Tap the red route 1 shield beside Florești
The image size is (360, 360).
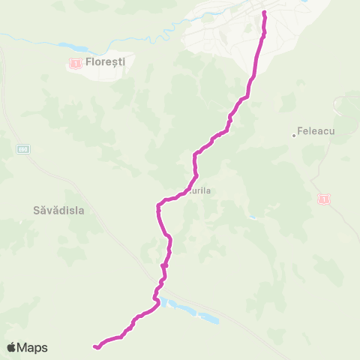click(75, 65)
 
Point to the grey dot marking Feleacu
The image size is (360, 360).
click(295, 135)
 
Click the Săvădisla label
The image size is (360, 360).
click(58, 211)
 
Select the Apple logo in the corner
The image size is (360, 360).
click(12, 347)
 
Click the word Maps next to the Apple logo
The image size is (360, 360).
click(33, 347)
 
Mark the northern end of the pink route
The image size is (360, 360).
click(264, 13)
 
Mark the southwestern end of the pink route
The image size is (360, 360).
click(95, 346)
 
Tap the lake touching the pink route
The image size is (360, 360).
click(163, 303)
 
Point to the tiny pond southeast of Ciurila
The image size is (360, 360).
click(253, 217)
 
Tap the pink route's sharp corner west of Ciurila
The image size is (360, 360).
click(158, 205)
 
